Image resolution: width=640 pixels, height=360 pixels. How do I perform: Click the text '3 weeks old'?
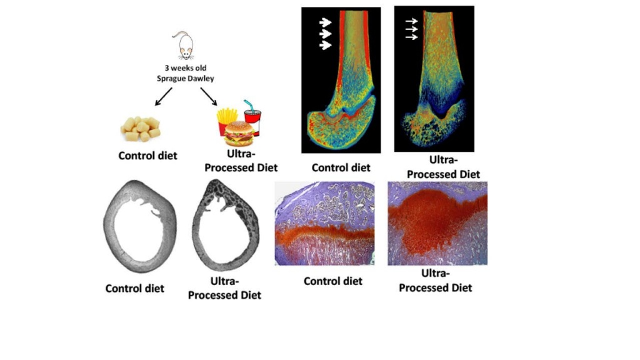coord(186,67)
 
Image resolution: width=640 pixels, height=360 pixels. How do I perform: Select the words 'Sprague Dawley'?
coord(186,78)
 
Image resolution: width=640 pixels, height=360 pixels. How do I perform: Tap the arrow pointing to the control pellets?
coord(163,97)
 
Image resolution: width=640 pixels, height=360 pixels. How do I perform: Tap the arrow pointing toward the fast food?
coord(209,97)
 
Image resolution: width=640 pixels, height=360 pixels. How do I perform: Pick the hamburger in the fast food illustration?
coord(239,134)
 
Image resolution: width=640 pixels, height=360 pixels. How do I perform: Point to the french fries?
coord(226,121)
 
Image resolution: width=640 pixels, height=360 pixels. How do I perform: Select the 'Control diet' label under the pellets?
coord(147,156)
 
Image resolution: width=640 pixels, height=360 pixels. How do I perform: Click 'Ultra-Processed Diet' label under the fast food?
coord(241,161)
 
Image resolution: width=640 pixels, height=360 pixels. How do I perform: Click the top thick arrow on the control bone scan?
coord(325,22)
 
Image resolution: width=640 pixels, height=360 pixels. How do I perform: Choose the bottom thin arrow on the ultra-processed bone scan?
coord(411,37)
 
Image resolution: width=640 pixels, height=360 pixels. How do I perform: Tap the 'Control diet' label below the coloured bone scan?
coord(341,167)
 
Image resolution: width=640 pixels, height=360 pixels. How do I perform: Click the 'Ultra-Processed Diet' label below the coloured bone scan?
coord(443,167)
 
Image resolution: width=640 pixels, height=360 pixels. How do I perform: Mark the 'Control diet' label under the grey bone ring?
coord(135,288)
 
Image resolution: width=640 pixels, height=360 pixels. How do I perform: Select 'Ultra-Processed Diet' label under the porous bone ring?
coord(224,288)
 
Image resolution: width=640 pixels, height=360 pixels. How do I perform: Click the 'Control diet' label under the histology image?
coord(333,281)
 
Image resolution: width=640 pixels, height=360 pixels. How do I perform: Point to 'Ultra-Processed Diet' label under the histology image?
coord(435,281)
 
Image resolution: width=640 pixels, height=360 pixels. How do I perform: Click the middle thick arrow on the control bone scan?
coord(325,34)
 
